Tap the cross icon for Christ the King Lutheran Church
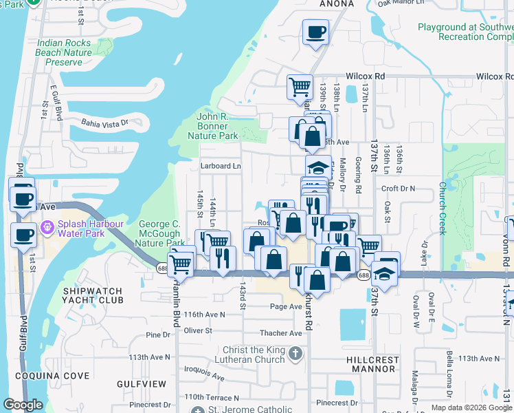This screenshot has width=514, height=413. [x=295, y=354]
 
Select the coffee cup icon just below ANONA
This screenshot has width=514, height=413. [x=315, y=32]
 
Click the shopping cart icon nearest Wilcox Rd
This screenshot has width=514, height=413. [x=300, y=87]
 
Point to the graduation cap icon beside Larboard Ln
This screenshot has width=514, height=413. [x=318, y=167]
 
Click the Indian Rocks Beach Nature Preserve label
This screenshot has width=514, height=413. [x=64, y=52]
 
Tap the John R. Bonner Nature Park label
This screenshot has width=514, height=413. [x=212, y=126]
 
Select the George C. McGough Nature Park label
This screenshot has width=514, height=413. [x=159, y=233]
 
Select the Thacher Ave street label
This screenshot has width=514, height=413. [x=281, y=333]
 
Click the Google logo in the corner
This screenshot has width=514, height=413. [x=23, y=405]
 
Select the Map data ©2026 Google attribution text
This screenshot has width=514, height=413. [x=471, y=407]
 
